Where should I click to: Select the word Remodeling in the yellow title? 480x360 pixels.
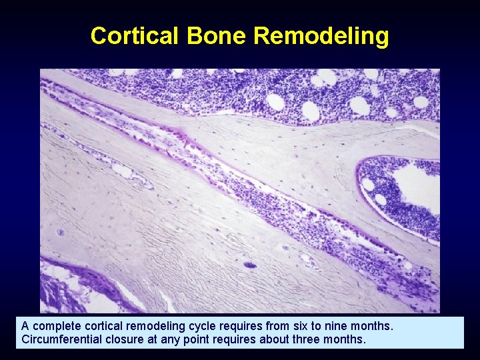pos(321,35)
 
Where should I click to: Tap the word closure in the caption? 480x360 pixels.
pos(119,339)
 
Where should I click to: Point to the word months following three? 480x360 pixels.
pos(345,339)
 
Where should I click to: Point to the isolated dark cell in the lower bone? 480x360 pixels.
pos(251,265)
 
